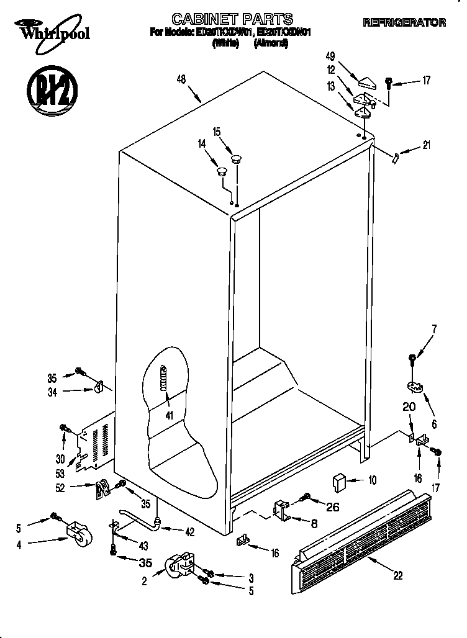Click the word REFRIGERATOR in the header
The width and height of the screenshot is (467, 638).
coord(404,23)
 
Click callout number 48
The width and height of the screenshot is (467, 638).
coord(181,79)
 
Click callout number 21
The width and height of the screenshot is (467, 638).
coord(427,146)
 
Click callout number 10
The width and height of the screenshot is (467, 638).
coord(372,480)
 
